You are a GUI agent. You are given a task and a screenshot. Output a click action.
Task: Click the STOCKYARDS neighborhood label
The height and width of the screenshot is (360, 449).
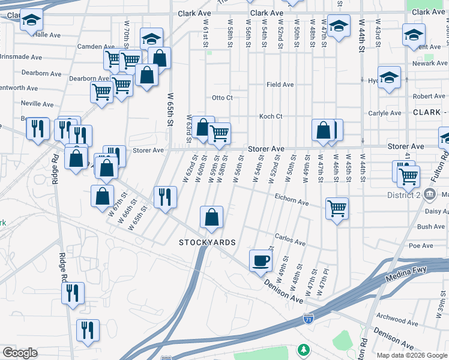(x=207, y=242)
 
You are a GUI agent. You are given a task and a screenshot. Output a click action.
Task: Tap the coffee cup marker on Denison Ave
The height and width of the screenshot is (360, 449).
(x=260, y=261)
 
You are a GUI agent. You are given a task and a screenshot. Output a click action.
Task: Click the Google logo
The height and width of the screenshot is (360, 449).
(x=20, y=353)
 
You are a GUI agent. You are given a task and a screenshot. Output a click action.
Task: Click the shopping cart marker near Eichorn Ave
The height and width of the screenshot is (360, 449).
(x=337, y=209)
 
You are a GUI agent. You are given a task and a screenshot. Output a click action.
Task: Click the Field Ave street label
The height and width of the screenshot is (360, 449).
(x=280, y=85)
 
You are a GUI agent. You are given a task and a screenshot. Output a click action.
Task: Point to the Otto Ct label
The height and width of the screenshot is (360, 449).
(x=222, y=98)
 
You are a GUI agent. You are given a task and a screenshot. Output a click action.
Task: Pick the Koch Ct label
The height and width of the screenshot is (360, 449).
(x=270, y=116)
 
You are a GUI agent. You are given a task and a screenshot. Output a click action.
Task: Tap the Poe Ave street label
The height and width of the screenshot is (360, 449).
(x=421, y=246)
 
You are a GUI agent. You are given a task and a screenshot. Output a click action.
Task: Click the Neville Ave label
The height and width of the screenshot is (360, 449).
(x=37, y=103)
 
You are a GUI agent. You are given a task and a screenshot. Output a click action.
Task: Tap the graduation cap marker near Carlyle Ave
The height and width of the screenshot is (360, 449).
(x=389, y=77)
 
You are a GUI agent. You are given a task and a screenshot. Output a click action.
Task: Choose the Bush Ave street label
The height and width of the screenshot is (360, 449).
(x=431, y=227)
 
